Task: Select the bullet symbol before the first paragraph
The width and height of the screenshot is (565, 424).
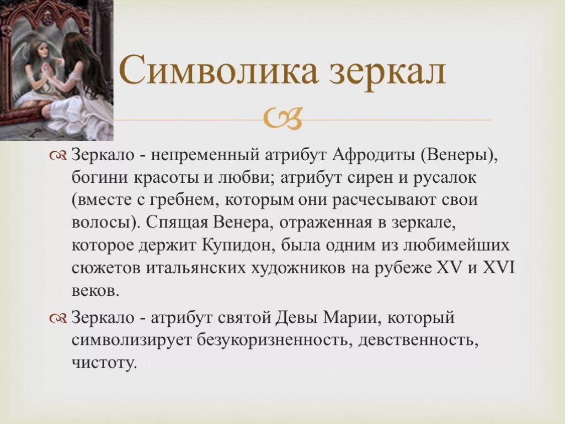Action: click(58, 156)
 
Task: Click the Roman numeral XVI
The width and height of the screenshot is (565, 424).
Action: click(498, 268)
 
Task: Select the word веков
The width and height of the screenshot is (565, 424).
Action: click(95, 290)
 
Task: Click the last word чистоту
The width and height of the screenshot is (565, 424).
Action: click(103, 363)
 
